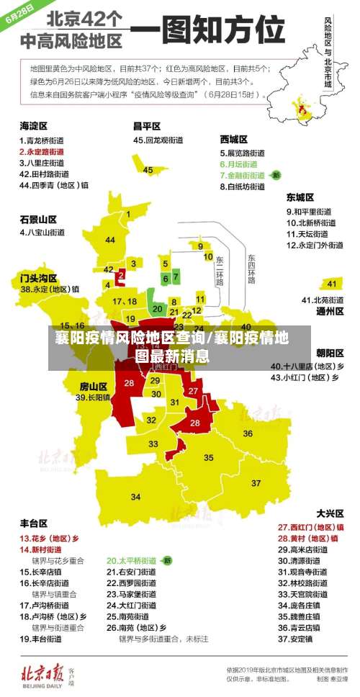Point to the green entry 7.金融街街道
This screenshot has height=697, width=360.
[247, 175]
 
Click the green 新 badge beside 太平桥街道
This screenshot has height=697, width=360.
[167, 559]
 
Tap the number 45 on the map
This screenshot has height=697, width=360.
[148, 170]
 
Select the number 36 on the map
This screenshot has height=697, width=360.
[248, 433]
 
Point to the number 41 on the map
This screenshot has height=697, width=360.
[332, 283]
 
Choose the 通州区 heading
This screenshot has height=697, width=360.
[330, 311]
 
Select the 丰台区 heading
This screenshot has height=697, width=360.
[33, 522]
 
